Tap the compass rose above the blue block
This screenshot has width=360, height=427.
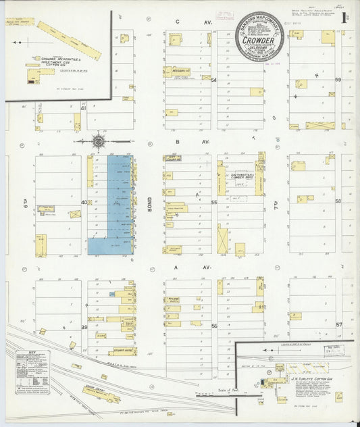pyautogui.click(x=99, y=142)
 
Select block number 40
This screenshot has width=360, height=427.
pyautogui.click(x=84, y=202)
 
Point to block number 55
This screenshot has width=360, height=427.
pyautogui.click(x=214, y=202)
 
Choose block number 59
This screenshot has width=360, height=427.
pyautogui.click(x=338, y=80)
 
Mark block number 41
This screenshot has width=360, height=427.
pyautogui.click(x=84, y=108)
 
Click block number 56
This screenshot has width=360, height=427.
pyautogui.click(x=214, y=326)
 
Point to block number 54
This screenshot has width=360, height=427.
pyautogui.click(x=214, y=80)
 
